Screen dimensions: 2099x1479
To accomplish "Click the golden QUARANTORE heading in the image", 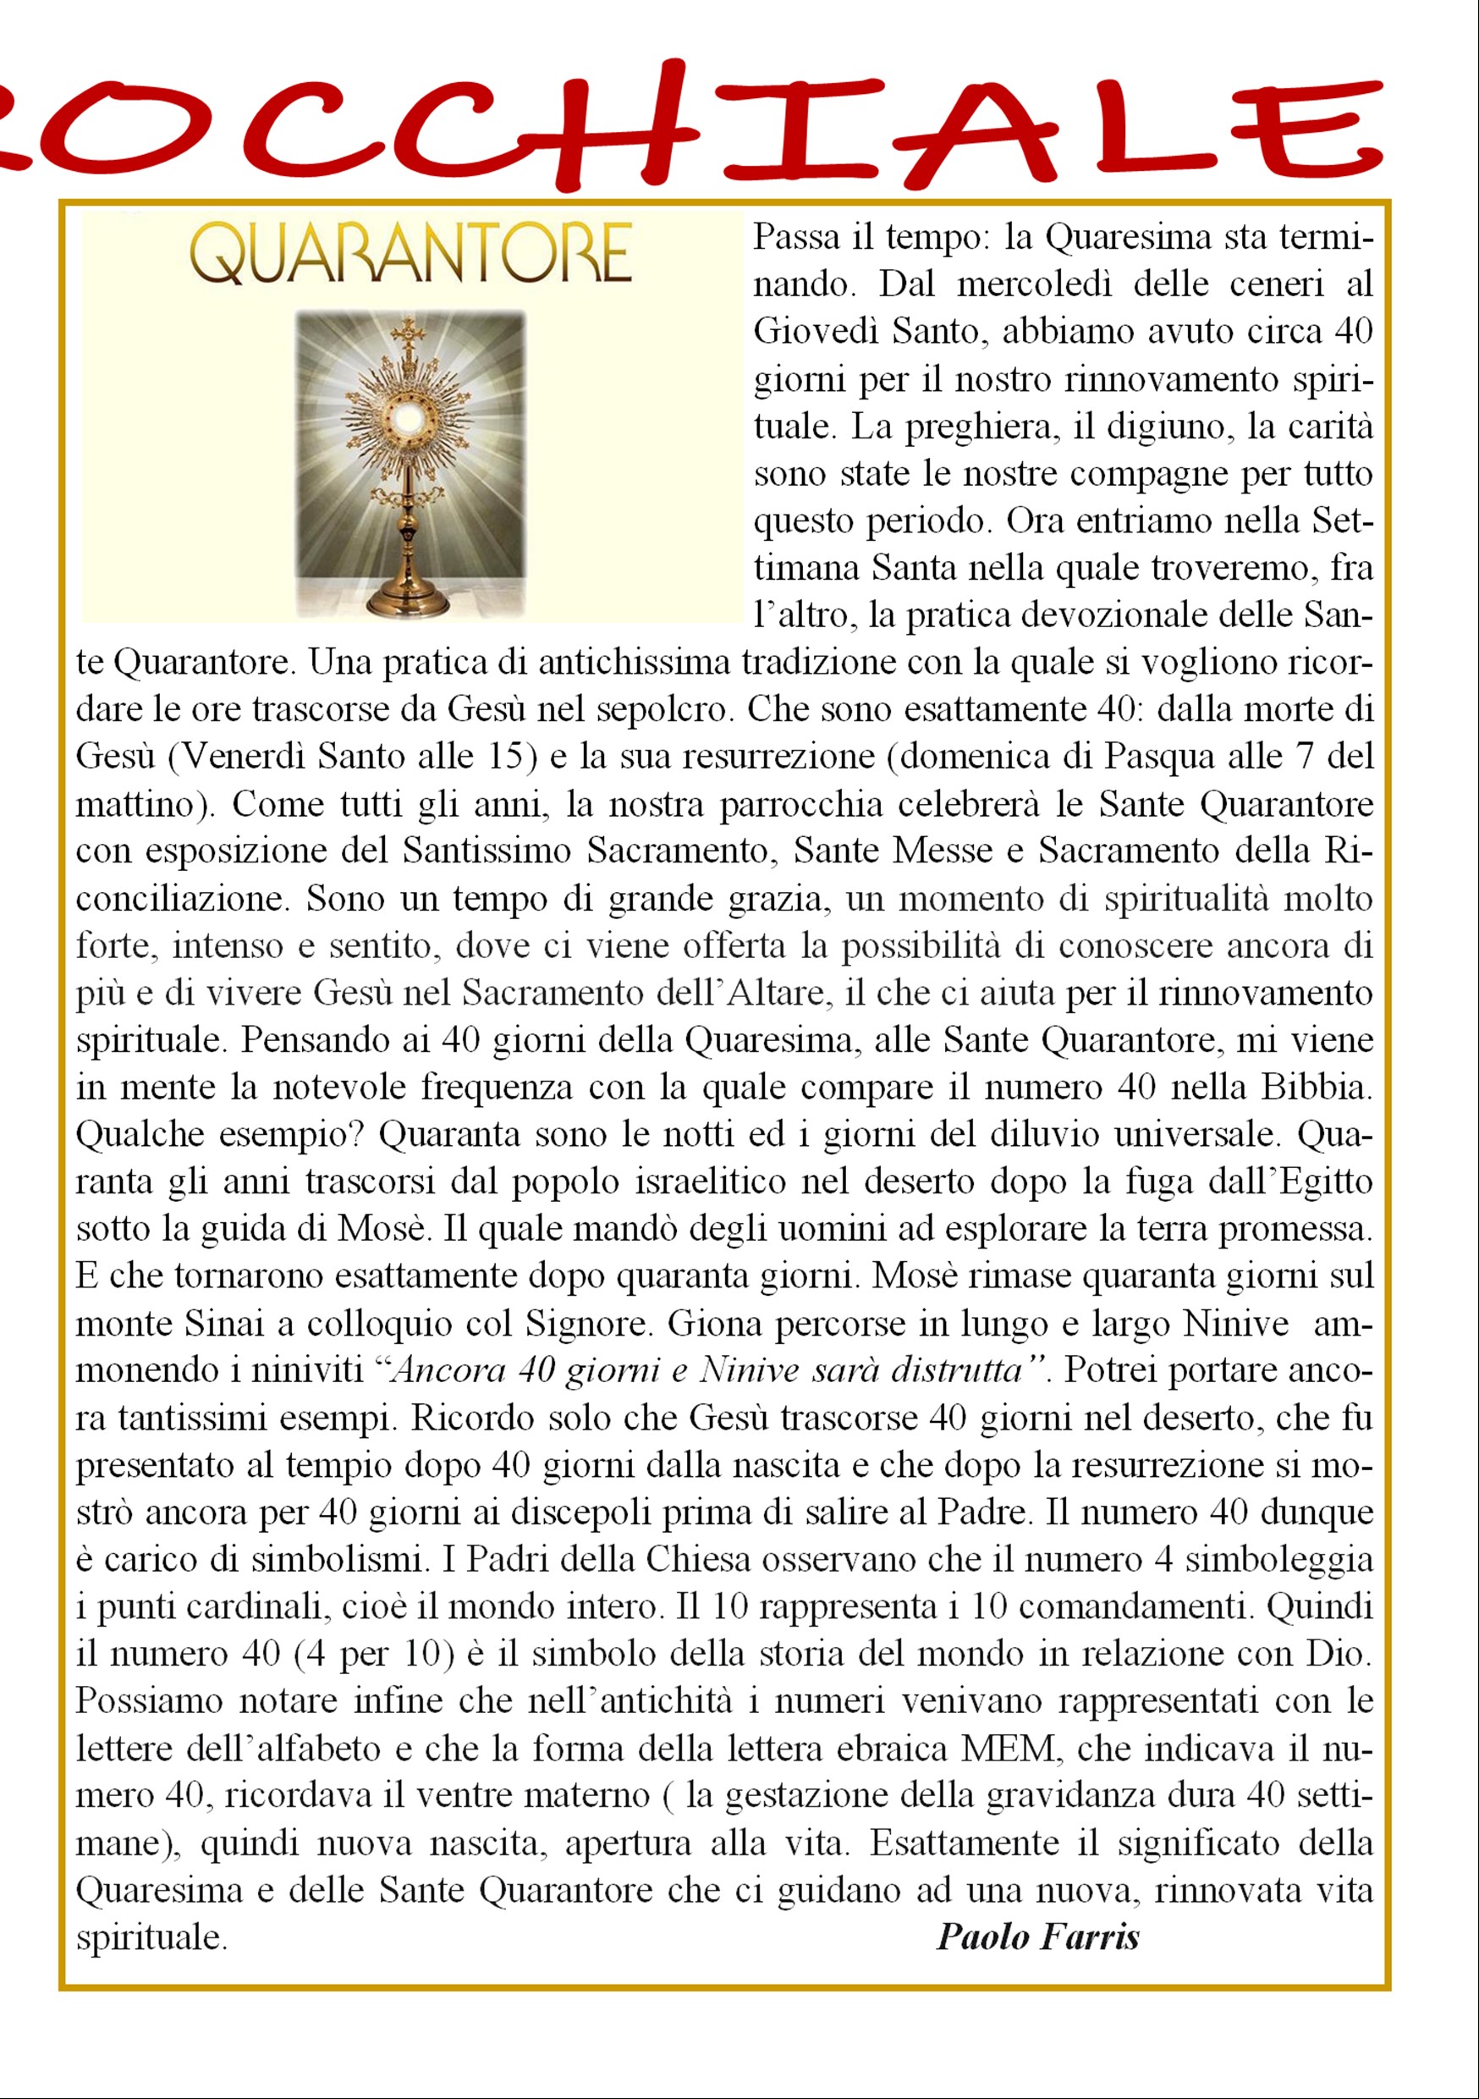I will (x=410, y=254).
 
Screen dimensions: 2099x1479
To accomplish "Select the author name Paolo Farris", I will (x=1037, y=1936).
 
